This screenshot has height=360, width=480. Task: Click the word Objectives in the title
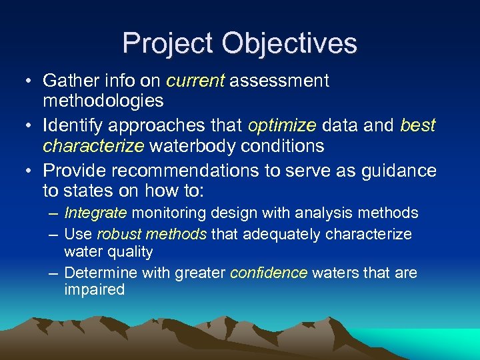point(290,43)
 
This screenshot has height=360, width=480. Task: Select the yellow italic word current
point(196,81)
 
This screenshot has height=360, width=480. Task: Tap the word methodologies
point(103,101)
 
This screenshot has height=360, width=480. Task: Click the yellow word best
point(418,125)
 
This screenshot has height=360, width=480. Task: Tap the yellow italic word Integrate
point(95,213)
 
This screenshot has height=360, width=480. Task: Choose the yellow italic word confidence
point(268,273)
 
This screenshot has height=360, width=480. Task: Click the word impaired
point(94,290)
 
